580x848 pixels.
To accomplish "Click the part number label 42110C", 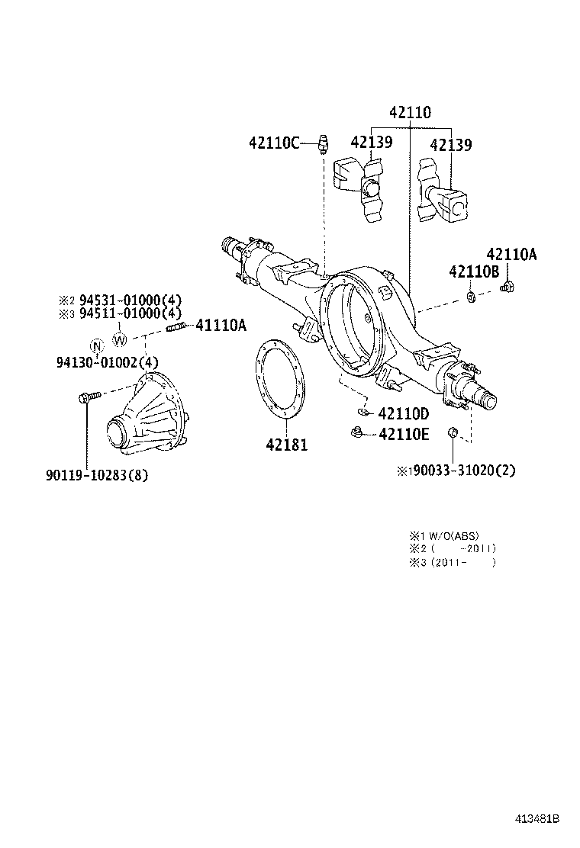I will click(x=274, y=142).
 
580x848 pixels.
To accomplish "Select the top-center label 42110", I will click(x=410, y=113).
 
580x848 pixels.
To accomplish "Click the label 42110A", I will click(x=511, y=255).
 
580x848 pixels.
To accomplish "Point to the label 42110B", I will click(x=473, y=271).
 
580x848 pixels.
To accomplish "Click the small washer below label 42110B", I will click(x=471, y=294).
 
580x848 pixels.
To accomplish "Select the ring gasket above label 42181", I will click(x=278, y=379).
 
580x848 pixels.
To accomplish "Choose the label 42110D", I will click(x=404, y=414).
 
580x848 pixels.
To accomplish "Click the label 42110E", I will click(x=404, y=435).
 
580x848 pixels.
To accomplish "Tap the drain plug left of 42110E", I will click(x=355, y=433).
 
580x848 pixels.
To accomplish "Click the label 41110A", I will click(x=221, y=326).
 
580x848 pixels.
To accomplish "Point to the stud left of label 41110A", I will click(x=176, y=329).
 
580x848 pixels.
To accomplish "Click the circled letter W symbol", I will click(x=120, y=339).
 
